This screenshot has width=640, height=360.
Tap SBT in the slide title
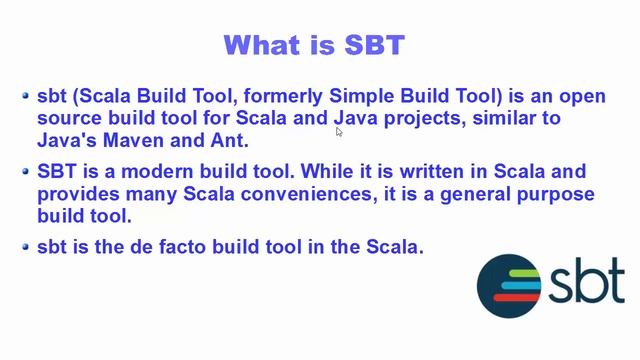[373, 45]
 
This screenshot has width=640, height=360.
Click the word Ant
[227, 141]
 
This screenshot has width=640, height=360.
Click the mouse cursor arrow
[339, 130]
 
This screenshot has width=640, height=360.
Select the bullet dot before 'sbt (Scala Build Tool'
[26, 96]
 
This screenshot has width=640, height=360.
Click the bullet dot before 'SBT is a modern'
[26, 171]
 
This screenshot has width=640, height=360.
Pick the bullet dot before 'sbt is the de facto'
[26, 245]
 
